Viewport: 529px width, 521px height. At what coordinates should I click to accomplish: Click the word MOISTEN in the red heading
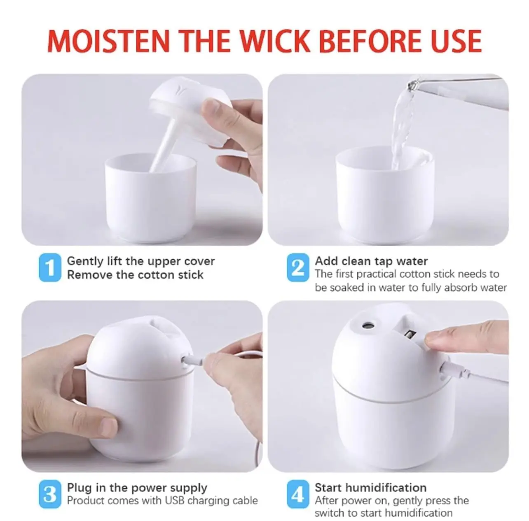point(108,40)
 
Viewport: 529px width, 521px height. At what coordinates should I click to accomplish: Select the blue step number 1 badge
point(50,268)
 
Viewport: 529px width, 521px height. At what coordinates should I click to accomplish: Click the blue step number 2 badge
point(297,268)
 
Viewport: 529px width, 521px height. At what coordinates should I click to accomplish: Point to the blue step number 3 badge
point(50,494)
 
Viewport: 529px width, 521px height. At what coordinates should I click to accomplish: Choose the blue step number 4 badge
point(297,494)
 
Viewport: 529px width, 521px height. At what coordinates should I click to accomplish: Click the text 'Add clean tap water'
point(371,261)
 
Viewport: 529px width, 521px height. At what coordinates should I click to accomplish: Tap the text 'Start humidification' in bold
point(370,488)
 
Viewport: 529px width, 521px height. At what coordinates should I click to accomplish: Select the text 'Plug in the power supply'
point(137,488)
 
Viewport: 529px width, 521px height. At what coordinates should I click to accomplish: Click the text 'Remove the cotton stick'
point(135,275)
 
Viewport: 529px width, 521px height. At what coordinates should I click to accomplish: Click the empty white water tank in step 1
point(150,198)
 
